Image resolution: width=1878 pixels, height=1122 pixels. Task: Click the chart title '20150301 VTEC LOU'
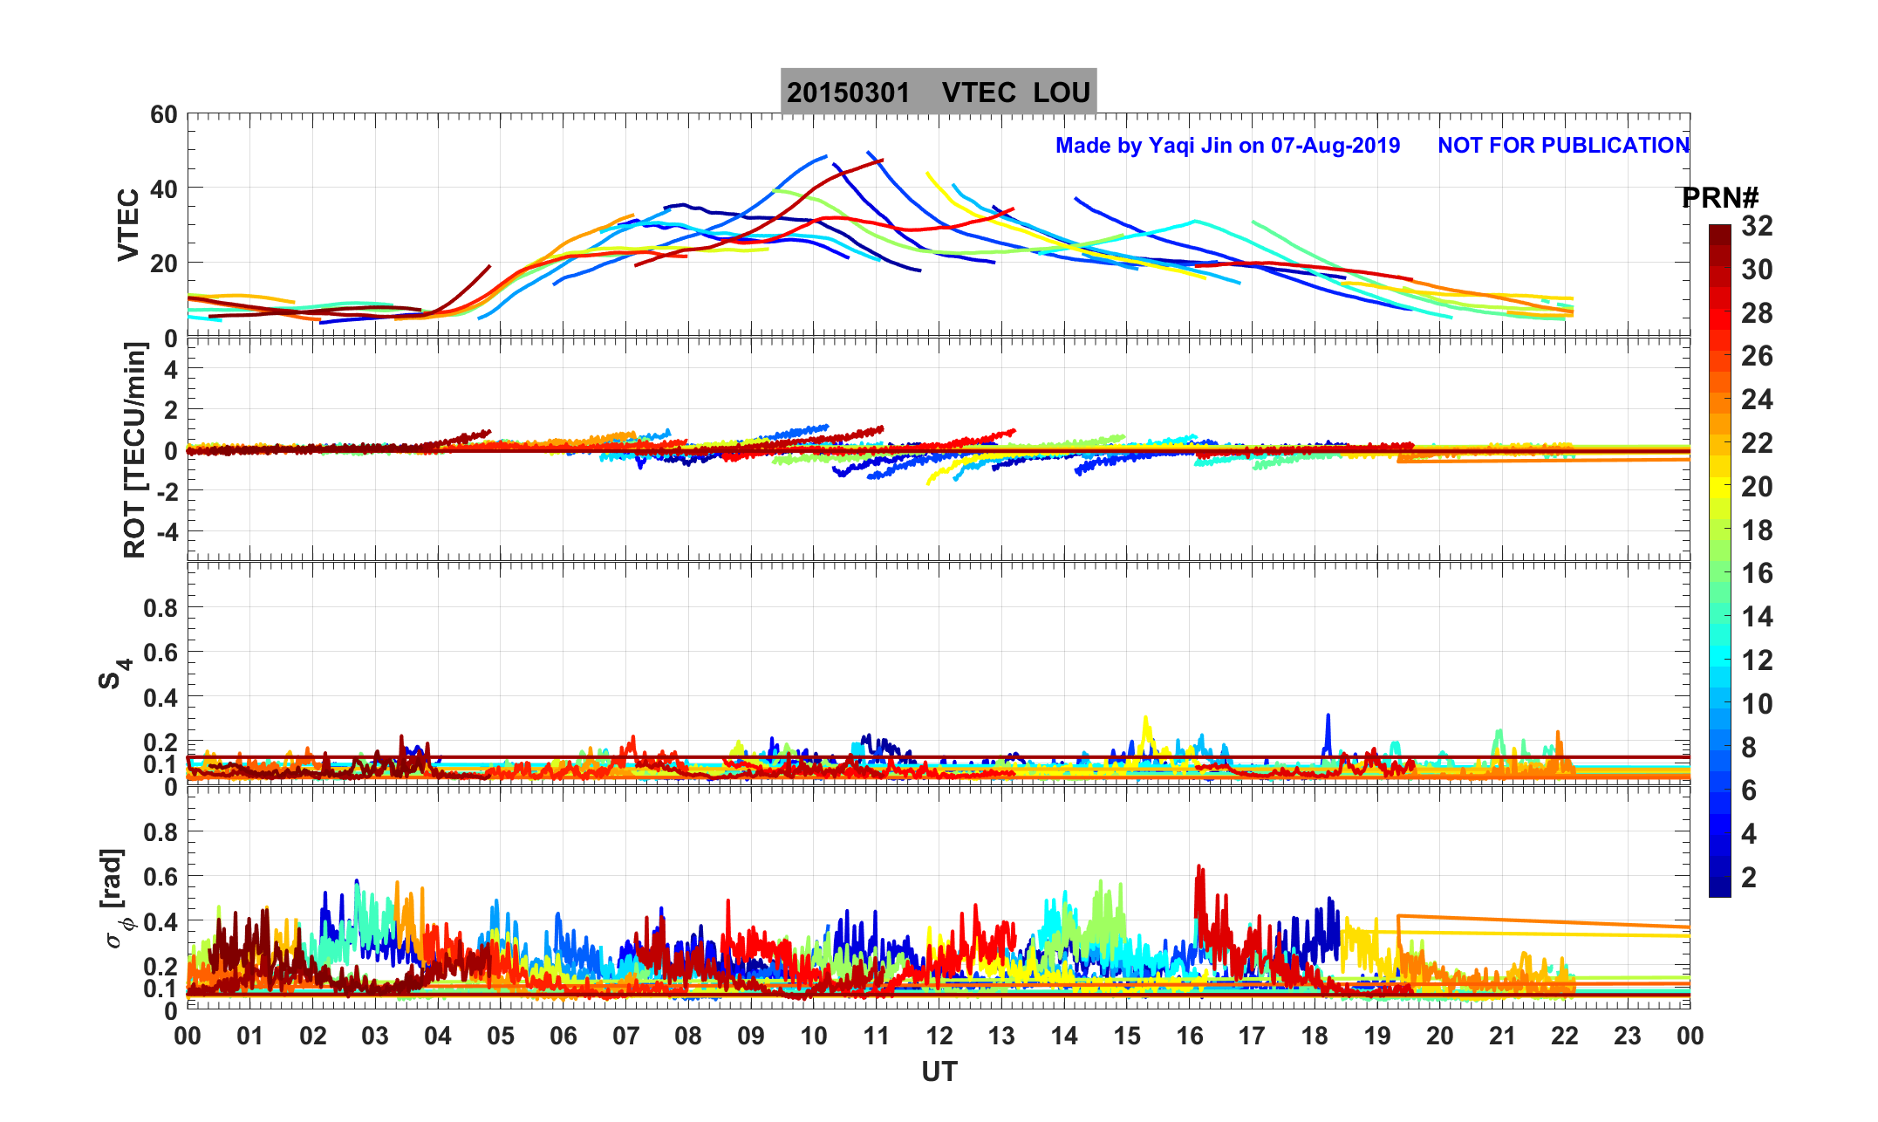click(x=938, y=92)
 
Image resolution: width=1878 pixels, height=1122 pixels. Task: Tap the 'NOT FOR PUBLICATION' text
click(x=1563, y=146)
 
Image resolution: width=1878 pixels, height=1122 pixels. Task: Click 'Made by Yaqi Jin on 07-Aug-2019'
click(x=1227, y=146)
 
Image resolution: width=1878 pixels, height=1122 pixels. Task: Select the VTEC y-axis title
click(x=128, y=224)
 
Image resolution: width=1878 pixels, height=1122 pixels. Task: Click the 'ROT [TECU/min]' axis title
click(x=134, y=450)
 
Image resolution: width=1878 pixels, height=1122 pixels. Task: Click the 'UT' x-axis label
click(x=939, y=1072)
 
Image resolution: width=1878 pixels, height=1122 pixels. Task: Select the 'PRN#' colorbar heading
click(x=1720, y=198)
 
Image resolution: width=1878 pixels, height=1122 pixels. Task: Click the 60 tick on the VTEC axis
click(x=163, y=115)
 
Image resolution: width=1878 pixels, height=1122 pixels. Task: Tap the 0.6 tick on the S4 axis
click(x=160, y=653)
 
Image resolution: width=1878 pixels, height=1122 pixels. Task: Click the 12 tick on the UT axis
click(x=939, y=1036)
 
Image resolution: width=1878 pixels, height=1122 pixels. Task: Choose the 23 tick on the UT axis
click(x=1628, y=1036)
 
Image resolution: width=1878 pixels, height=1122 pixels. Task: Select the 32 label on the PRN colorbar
click(x=1757, y=227)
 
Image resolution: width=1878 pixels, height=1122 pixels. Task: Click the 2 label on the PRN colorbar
click(x=1748, y=878)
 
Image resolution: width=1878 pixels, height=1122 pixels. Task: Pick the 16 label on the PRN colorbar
click(x=1757, y=573)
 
